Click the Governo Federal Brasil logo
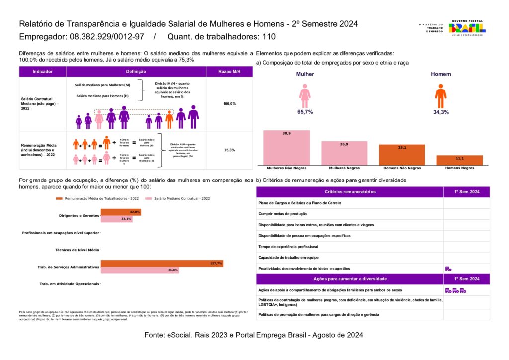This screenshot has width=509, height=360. click(467, 28)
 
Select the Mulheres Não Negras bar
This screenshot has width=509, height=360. click(286, 147)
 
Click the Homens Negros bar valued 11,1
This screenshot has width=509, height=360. click(459, 160)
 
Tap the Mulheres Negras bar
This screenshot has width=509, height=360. click(344, 153)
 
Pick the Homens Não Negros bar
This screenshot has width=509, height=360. click(402, 154)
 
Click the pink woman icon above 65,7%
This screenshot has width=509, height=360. click(305, 95)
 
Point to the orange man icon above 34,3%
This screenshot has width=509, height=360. click(440, 95)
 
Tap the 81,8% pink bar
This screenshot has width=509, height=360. click(140, 270)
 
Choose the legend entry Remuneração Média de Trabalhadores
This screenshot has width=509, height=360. click(97, 198)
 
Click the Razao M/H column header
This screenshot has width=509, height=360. click(229, 72)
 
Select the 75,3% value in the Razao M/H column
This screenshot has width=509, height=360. click(229, 150)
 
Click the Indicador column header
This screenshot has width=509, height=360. click(42, 72)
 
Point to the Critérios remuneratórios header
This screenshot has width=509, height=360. click(349, 192)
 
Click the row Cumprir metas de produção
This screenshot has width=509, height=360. click(349, 214)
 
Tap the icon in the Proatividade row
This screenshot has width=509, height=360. click(448, 269)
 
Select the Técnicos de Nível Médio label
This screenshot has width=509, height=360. click(77, 250)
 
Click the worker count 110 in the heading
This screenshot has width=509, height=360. click(268, 37)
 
